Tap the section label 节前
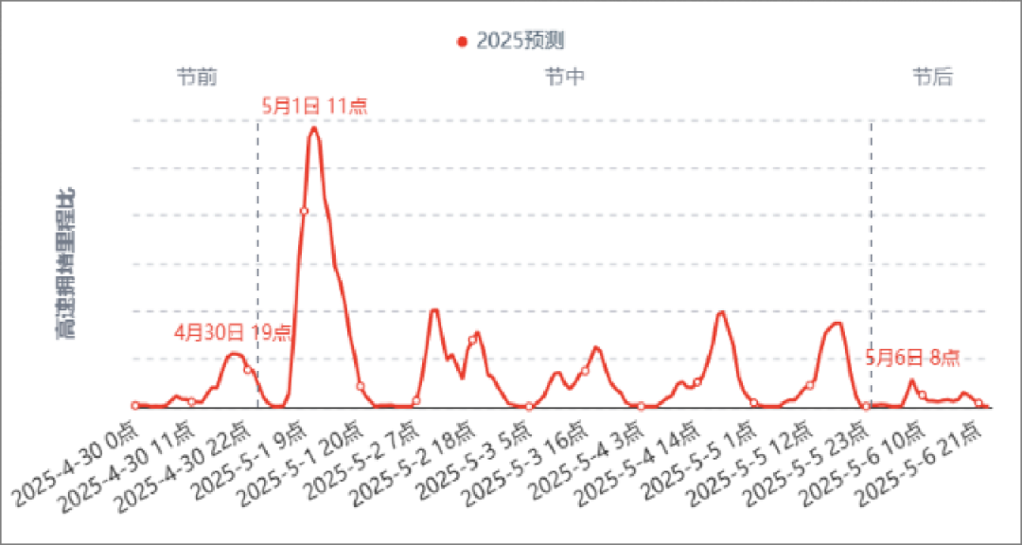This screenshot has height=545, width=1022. coord(196,77)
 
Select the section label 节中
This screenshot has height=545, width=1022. coord(564,77)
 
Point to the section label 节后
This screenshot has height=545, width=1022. coord(932,77)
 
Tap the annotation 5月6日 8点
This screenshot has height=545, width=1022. coord(913,357)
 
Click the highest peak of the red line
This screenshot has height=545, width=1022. coord(313,126)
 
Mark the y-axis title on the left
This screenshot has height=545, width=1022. coord(67,263)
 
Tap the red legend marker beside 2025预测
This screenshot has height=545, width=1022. coord(462,42)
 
